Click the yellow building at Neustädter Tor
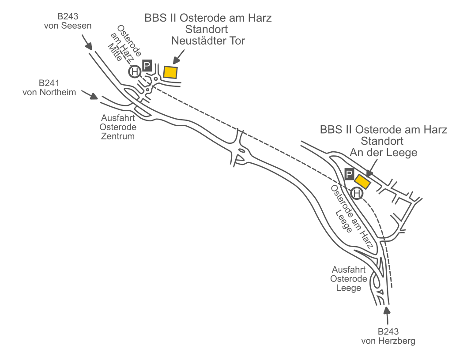(x=170, y=72)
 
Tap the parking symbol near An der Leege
(x=349, y=175)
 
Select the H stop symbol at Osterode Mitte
(x=135, y=71)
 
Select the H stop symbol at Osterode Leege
(x=357, y=193)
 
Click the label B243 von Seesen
(x=68, y=21)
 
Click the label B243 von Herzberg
(x=388, y=336)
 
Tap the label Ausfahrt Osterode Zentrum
(x=118, y=127)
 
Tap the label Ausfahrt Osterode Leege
(x=349, y=279)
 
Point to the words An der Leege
(x=383, y=153)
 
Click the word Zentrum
(x=118, y=136)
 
